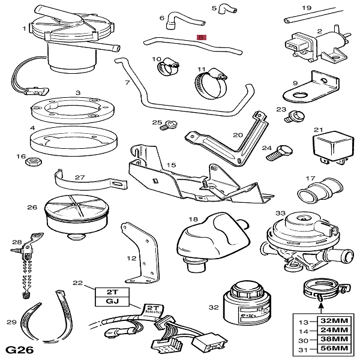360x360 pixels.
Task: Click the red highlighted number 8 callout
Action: [x=202, y=37]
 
